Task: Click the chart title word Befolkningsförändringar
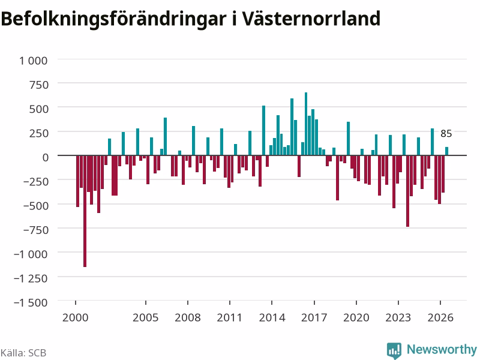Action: pos(113,19)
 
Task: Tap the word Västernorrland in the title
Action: pos(311,19)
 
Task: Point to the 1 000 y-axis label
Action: pos(34,61)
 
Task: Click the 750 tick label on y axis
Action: pos(39,85)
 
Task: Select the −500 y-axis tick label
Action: pos(36,206)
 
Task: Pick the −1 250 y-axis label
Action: pos(31,278)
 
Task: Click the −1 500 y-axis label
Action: pos(31,302)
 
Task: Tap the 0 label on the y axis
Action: pos(46,157)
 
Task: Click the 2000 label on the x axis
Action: pos(76,317)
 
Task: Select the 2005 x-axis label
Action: pos(145,317)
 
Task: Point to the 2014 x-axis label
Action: pos(272,317)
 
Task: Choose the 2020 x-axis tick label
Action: pos(356,317)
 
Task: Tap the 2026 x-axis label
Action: pos(440,317)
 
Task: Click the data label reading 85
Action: pos(446,133)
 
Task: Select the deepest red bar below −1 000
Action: pos(85,211)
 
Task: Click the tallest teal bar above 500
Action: pos(306,124)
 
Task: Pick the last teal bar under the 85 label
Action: pos(446,151)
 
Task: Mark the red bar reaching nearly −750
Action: pos(408,191)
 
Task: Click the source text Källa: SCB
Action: pos(23,353)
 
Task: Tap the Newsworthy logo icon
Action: pos(394,350)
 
